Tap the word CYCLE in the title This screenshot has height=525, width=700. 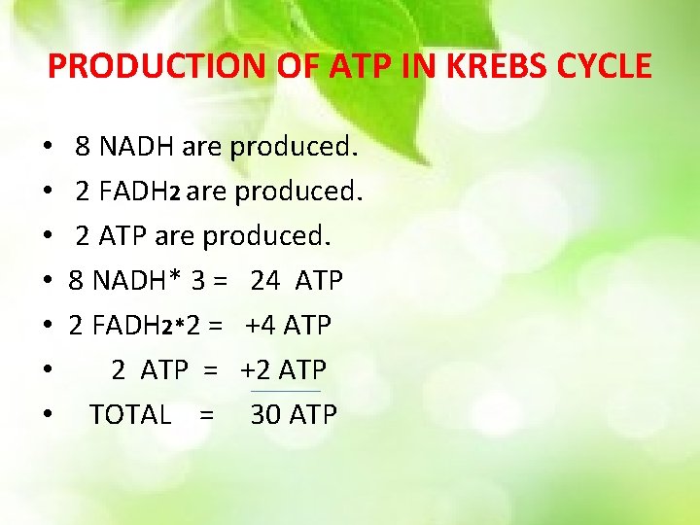tap(609, 65)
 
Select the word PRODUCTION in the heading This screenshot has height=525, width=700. tap(135, 65)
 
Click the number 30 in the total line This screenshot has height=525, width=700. tap(265, 414)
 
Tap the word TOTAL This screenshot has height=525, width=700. tap(130, 414)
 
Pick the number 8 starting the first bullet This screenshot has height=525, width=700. tap(83, 148)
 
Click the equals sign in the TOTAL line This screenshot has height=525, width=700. tap(205, 415)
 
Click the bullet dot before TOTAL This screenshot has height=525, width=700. tap(48, 416)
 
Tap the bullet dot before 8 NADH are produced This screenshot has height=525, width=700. tap(48, 149)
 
